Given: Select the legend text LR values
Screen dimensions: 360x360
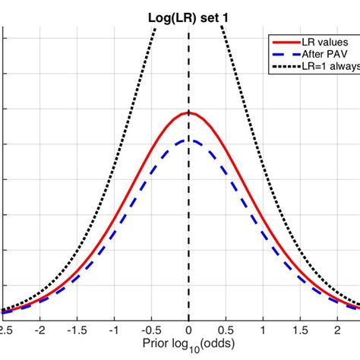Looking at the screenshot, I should click(x=318, y=43).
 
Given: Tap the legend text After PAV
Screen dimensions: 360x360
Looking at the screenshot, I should click(x=320, y=55).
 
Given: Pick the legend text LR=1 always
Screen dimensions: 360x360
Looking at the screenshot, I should click(x=324, y=68).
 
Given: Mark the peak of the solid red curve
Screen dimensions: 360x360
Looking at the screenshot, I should click(x=188, y=113).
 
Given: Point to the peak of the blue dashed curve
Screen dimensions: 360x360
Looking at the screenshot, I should click(x=188, y=140).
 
